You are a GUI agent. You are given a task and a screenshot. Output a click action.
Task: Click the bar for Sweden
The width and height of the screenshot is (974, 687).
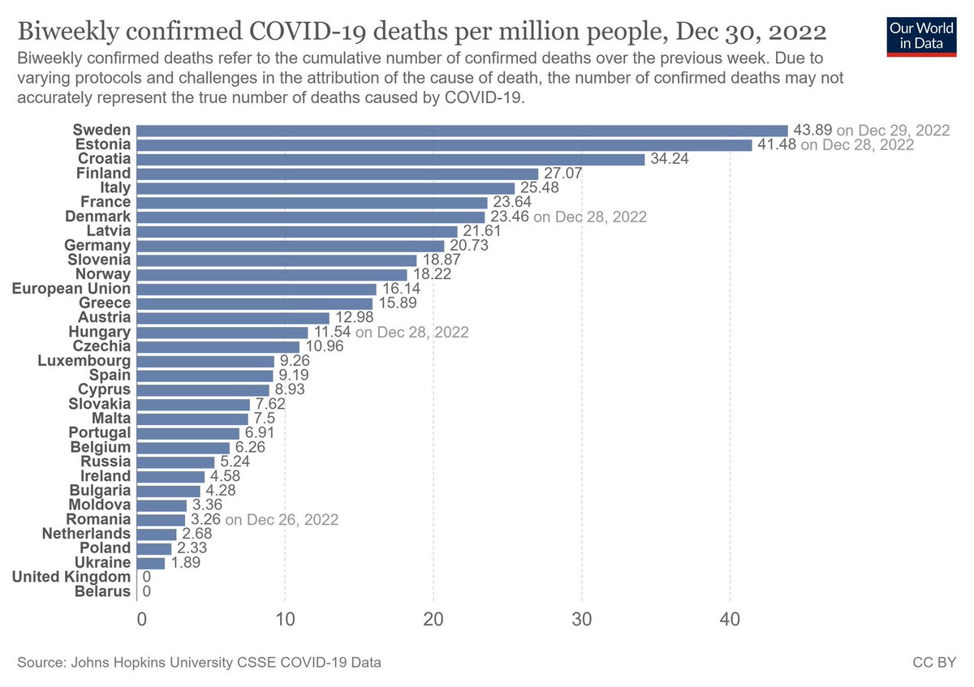click(462, 131)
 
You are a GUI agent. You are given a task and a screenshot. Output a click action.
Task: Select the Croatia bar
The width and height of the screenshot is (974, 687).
click(390, 159)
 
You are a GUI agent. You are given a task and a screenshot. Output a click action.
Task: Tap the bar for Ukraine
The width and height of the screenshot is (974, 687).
click(151, 563)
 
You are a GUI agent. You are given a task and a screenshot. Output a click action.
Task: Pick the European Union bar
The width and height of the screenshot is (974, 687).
click(256, 289)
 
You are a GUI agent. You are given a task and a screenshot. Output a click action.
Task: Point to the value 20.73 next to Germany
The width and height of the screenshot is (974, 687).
click(468, 246)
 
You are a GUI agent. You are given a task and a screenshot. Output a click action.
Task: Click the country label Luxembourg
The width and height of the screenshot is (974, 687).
click(84, 361)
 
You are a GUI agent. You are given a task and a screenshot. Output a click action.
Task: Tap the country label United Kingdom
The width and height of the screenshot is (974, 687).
click(71, 577)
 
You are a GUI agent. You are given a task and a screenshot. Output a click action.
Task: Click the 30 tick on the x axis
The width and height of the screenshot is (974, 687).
click(582, 620)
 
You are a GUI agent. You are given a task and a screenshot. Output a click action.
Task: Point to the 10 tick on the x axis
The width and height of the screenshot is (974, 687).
click(285, 620)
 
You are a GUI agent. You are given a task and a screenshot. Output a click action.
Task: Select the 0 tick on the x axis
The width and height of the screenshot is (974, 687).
click(142, 620)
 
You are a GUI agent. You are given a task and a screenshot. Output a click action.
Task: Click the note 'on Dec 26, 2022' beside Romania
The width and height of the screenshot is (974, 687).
click(281, 519)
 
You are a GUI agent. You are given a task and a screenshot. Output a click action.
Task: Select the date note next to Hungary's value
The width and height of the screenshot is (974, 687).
click(412, 333)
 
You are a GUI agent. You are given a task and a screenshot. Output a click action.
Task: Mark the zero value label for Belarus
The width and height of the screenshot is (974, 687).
click(147, 592)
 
